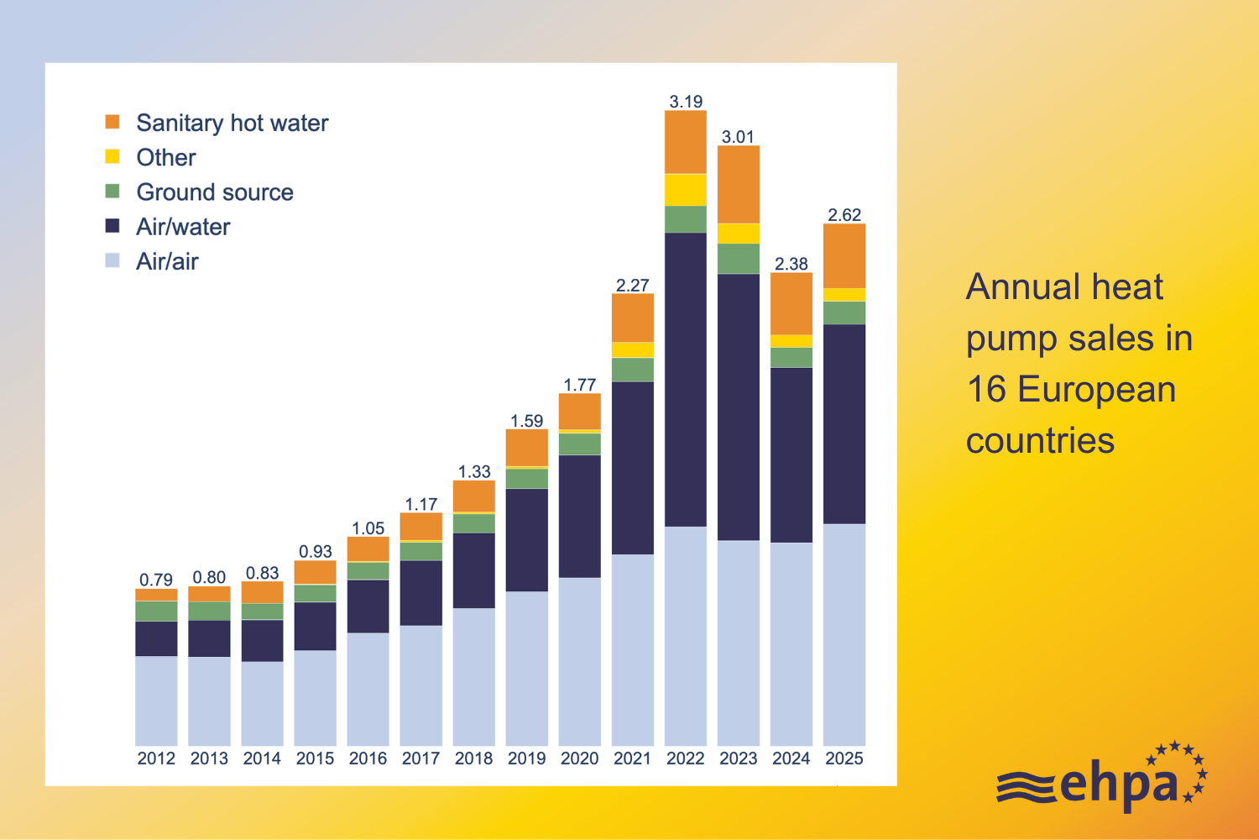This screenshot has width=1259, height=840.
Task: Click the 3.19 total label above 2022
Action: [686, 102]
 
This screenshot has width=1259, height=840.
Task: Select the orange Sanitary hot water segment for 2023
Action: [739, 184]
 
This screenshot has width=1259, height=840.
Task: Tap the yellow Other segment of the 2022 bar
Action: [686, 190]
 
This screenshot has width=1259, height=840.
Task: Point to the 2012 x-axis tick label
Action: [156, 759]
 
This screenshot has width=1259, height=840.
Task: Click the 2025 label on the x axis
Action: [844, 759]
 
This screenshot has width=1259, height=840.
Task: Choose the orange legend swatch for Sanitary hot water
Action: [112, 122]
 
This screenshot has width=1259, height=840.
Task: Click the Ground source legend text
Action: [215, 192]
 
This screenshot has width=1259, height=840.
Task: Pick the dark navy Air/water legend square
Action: [112, 226]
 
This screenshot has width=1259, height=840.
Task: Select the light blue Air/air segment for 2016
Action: [368, 689]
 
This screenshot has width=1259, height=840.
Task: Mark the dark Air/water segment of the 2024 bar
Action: [791, 454]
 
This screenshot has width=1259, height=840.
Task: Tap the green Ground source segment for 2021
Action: [633, 370]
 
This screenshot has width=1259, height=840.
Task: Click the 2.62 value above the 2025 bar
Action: [844, 215]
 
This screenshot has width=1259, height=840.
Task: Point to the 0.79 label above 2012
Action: [156, 580]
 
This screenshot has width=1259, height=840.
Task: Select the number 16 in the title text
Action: [986, 390]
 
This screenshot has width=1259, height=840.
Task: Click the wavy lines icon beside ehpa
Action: [1026, 787]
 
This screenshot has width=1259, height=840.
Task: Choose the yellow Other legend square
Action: [112, 156]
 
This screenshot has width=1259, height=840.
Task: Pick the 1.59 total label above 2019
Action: [527, 421]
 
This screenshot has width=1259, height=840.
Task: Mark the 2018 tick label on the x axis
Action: [473, 759]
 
